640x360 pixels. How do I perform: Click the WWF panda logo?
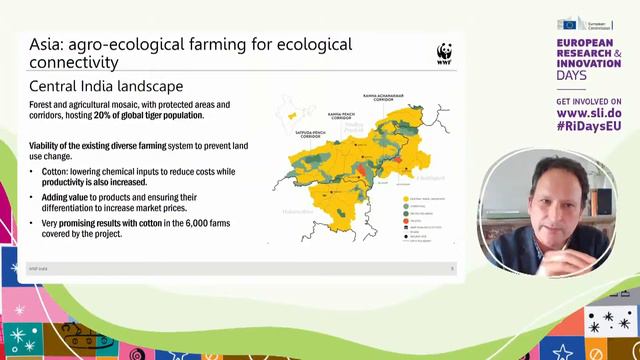coord(444,53)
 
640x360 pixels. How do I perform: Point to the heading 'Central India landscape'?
coord(106,86)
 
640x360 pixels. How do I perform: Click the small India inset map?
coord(292,112)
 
